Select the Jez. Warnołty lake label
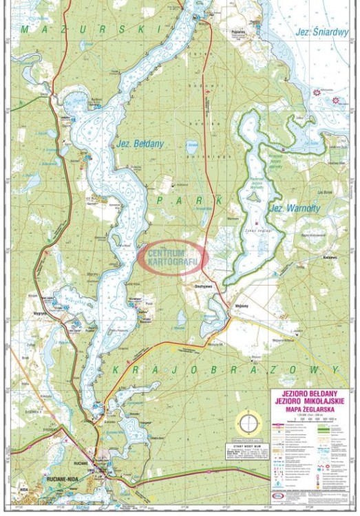(x=288, y=207)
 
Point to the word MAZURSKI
(x=90, y=30)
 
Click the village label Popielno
(x=240, y=32)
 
